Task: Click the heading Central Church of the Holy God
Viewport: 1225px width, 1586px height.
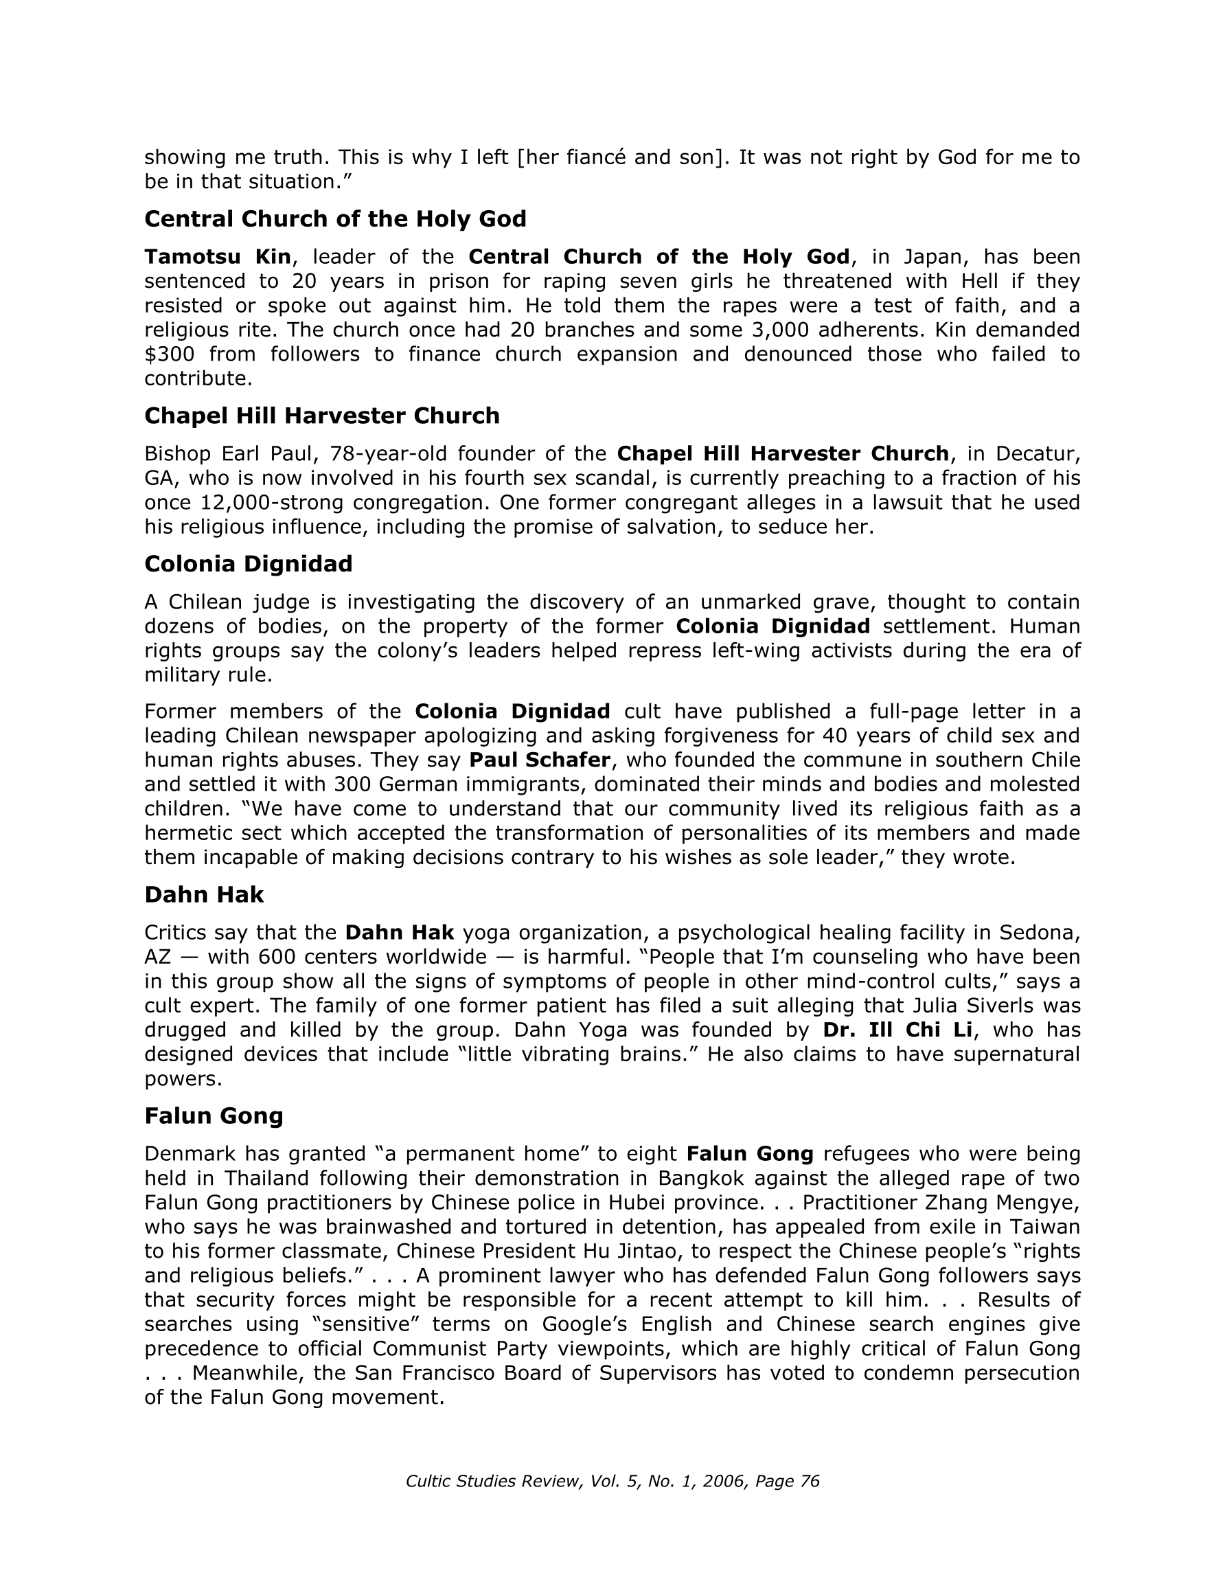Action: click(335, 218)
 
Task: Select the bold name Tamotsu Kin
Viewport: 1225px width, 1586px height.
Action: click(217, 256)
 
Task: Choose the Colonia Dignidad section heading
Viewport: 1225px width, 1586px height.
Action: click(249, 563)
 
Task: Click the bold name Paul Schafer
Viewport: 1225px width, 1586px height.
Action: click(540, 760)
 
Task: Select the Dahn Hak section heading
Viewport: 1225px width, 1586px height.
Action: click(204, 894)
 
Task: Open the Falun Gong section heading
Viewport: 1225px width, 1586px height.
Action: click(214, 1115)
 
